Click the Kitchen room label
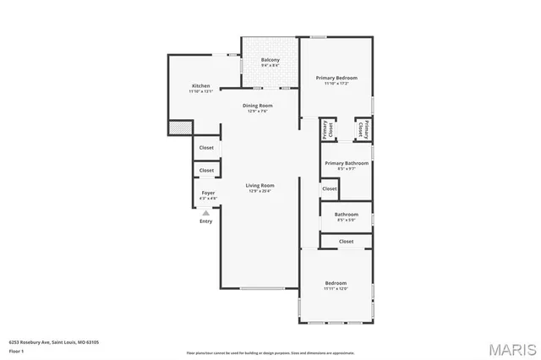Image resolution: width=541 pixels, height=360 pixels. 200,86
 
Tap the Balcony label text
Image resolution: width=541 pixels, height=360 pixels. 270,60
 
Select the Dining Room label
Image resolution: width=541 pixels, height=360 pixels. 258,106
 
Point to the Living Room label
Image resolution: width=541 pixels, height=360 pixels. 260,185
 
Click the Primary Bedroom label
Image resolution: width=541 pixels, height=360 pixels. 336,78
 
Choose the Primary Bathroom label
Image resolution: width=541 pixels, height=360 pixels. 347,162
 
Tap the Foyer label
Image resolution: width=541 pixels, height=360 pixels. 207,194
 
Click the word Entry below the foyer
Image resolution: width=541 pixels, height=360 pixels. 206,221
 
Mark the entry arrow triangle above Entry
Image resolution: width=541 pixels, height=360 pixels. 206,212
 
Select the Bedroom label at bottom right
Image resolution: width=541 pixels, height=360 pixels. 336,283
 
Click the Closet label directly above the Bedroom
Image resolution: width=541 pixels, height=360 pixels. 346,242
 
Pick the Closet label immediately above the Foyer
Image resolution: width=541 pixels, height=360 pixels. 206,170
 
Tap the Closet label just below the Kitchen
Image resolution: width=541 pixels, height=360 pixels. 206,147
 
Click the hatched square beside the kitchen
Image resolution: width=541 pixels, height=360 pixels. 179,128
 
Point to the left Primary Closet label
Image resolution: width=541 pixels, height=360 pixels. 326,130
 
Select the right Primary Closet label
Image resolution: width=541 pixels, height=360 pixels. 363,129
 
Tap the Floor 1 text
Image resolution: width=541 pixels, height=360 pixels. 16,350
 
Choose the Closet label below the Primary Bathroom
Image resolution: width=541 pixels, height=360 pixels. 329,189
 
